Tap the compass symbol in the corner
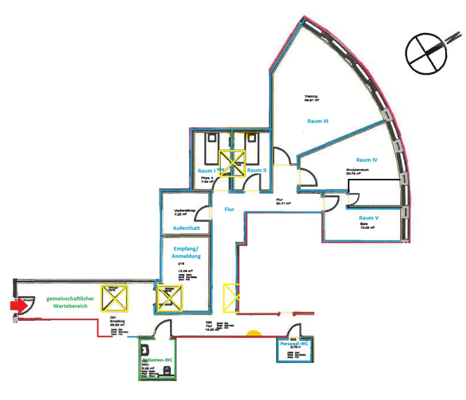[426, 52]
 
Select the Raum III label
[318, 121]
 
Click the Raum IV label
[367, 160]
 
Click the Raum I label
[207, 170]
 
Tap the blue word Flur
[229, 210]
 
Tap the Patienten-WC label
[157, 360]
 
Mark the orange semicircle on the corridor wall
[254, 334]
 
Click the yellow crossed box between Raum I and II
[231, 162]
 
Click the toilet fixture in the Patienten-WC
[167, 369]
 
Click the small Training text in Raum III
[311, 96]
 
